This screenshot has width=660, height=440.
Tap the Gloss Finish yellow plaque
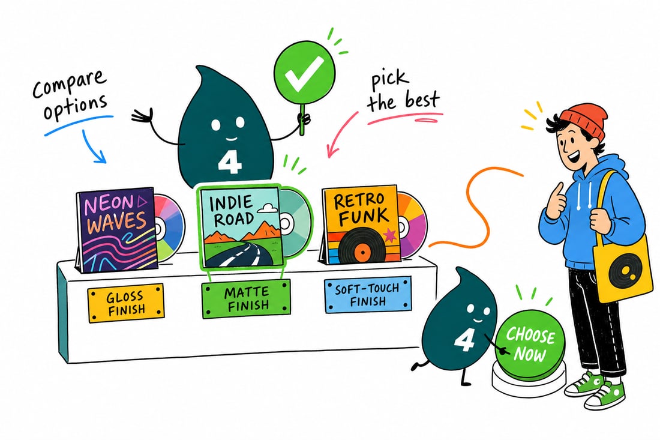[x=126, y=303]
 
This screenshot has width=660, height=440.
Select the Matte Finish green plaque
[x=246, y=299]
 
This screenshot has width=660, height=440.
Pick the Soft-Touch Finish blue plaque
[x=367, y=295]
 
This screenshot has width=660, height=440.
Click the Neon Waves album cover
[x=116, y=230]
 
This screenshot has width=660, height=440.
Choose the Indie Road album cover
[x=240, y=227]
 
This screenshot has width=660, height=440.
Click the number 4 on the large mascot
[x=230, y=163]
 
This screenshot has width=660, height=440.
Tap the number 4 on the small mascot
[x=464, y=340]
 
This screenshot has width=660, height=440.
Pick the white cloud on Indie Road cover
[x=268, y=207]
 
